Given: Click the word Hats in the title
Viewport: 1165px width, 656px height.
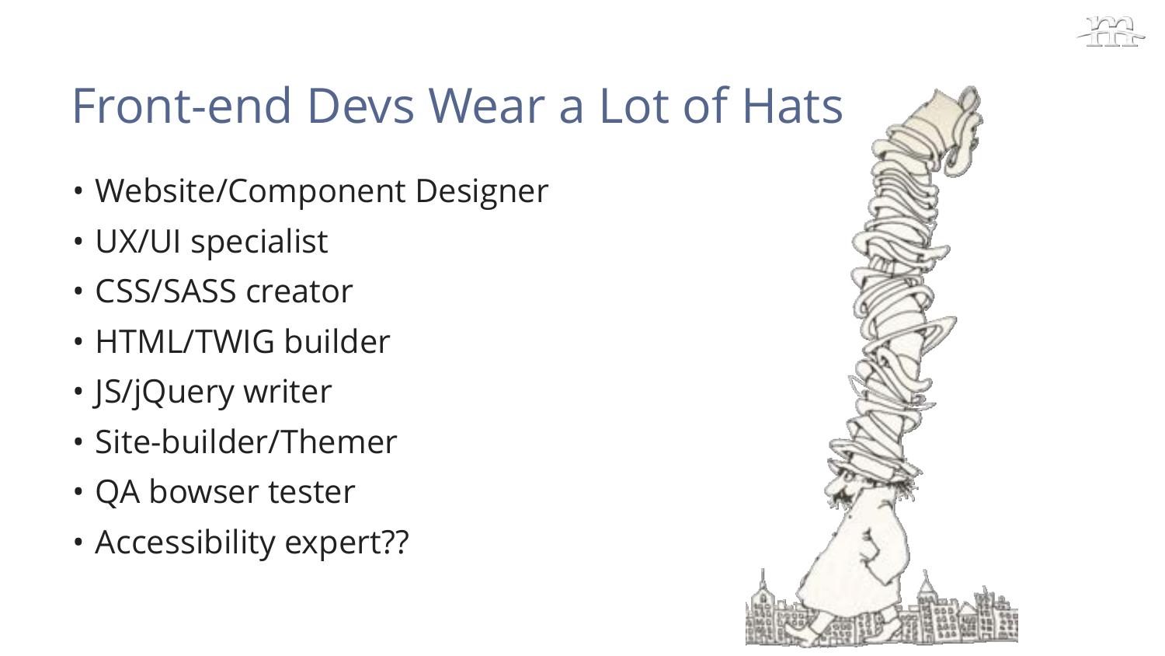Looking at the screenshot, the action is (x=793, y=106).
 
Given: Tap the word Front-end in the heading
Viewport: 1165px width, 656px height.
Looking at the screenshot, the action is (x=181, y=106).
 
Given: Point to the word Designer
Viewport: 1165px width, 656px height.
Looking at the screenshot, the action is (x=482, y=192).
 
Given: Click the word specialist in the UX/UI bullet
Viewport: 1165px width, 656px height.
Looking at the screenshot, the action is (x=259, y=242).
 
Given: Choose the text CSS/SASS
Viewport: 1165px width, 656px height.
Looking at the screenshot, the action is (x=165, y=291).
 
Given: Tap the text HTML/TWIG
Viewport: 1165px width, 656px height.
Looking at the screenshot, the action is (x=185, y=342).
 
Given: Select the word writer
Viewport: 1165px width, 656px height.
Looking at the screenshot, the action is (x=287, y=392).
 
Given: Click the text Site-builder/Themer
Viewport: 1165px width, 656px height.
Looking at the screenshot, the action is (x=246, y=442).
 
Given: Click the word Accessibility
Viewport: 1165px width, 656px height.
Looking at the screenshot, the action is (x=185, y=543).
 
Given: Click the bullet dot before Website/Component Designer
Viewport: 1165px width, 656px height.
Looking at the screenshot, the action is (x=78, y=192).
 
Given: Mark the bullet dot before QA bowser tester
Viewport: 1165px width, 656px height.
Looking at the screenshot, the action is (x=78, y=492).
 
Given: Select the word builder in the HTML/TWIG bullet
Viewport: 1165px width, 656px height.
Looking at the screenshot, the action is (x=337, y=342).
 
